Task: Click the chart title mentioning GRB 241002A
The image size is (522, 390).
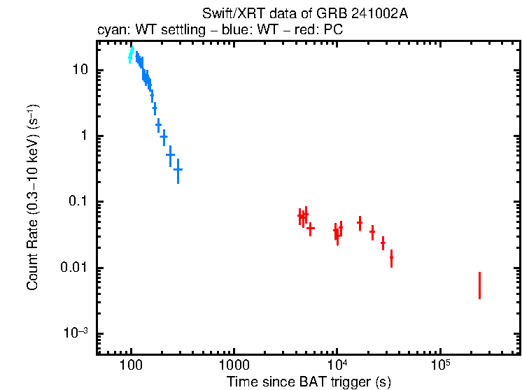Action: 304,15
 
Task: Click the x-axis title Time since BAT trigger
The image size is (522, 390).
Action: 308,382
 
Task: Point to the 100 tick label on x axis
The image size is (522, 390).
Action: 131,367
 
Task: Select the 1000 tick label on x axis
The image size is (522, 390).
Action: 234,367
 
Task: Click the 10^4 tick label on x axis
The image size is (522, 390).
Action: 337,366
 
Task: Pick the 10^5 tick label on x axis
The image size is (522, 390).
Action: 439,366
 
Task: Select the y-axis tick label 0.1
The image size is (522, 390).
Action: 78,202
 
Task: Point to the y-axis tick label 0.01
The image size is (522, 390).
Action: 76,268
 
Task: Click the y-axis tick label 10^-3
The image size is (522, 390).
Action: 77,333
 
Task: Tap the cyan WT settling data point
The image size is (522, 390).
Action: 131,55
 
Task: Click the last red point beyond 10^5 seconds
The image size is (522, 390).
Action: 479,285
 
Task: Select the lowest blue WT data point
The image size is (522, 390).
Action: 178,169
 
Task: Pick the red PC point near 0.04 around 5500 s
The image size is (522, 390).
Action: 311,228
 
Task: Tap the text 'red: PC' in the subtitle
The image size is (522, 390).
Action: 321,31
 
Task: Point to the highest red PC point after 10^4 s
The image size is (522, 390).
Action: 360,223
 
